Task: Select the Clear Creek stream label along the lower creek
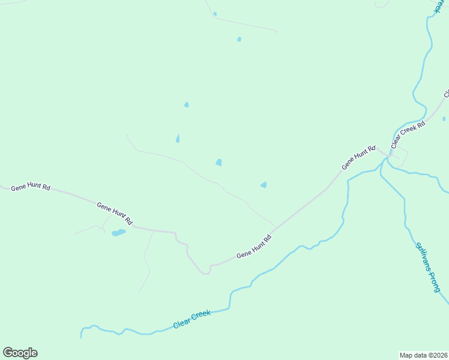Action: point(192,319)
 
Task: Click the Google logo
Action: point(20,353)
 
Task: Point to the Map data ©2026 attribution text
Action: point(424,355)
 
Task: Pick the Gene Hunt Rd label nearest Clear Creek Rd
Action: point(358,157)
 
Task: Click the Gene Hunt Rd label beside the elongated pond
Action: point(114,213)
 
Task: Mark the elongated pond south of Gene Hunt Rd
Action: point(118,233)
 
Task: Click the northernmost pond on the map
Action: point(215,14)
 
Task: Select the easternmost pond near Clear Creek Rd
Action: point(444,119)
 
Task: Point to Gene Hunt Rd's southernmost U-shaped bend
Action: point(205,272)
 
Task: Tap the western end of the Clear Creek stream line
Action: point(81,336)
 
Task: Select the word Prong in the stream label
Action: point(433,278)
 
